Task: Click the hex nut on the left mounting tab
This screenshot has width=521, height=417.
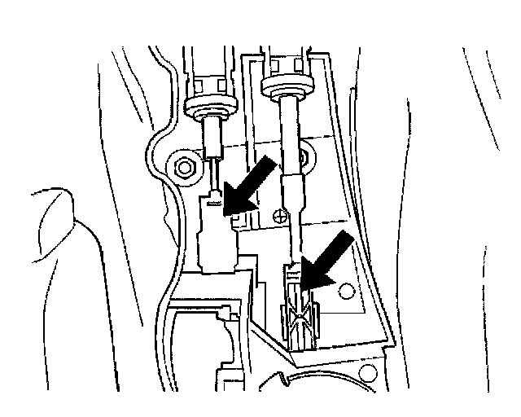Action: [185, 169]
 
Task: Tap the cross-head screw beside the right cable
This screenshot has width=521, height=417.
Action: [279, 217]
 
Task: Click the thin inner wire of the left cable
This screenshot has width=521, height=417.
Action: [214, 172]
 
